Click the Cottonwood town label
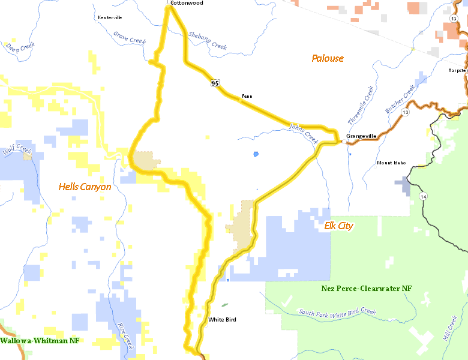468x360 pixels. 187,3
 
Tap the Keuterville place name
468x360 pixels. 110,17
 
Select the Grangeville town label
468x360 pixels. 361,136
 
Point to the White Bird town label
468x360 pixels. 222,320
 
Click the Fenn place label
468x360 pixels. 247,96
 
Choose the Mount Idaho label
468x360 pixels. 391,163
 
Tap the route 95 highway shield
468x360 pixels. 214,83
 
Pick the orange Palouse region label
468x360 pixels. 328,58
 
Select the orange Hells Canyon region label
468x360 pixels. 85,187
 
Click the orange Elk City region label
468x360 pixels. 338,226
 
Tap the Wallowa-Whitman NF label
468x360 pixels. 40,341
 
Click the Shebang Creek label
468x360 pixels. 207,40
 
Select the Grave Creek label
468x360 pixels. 130,37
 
